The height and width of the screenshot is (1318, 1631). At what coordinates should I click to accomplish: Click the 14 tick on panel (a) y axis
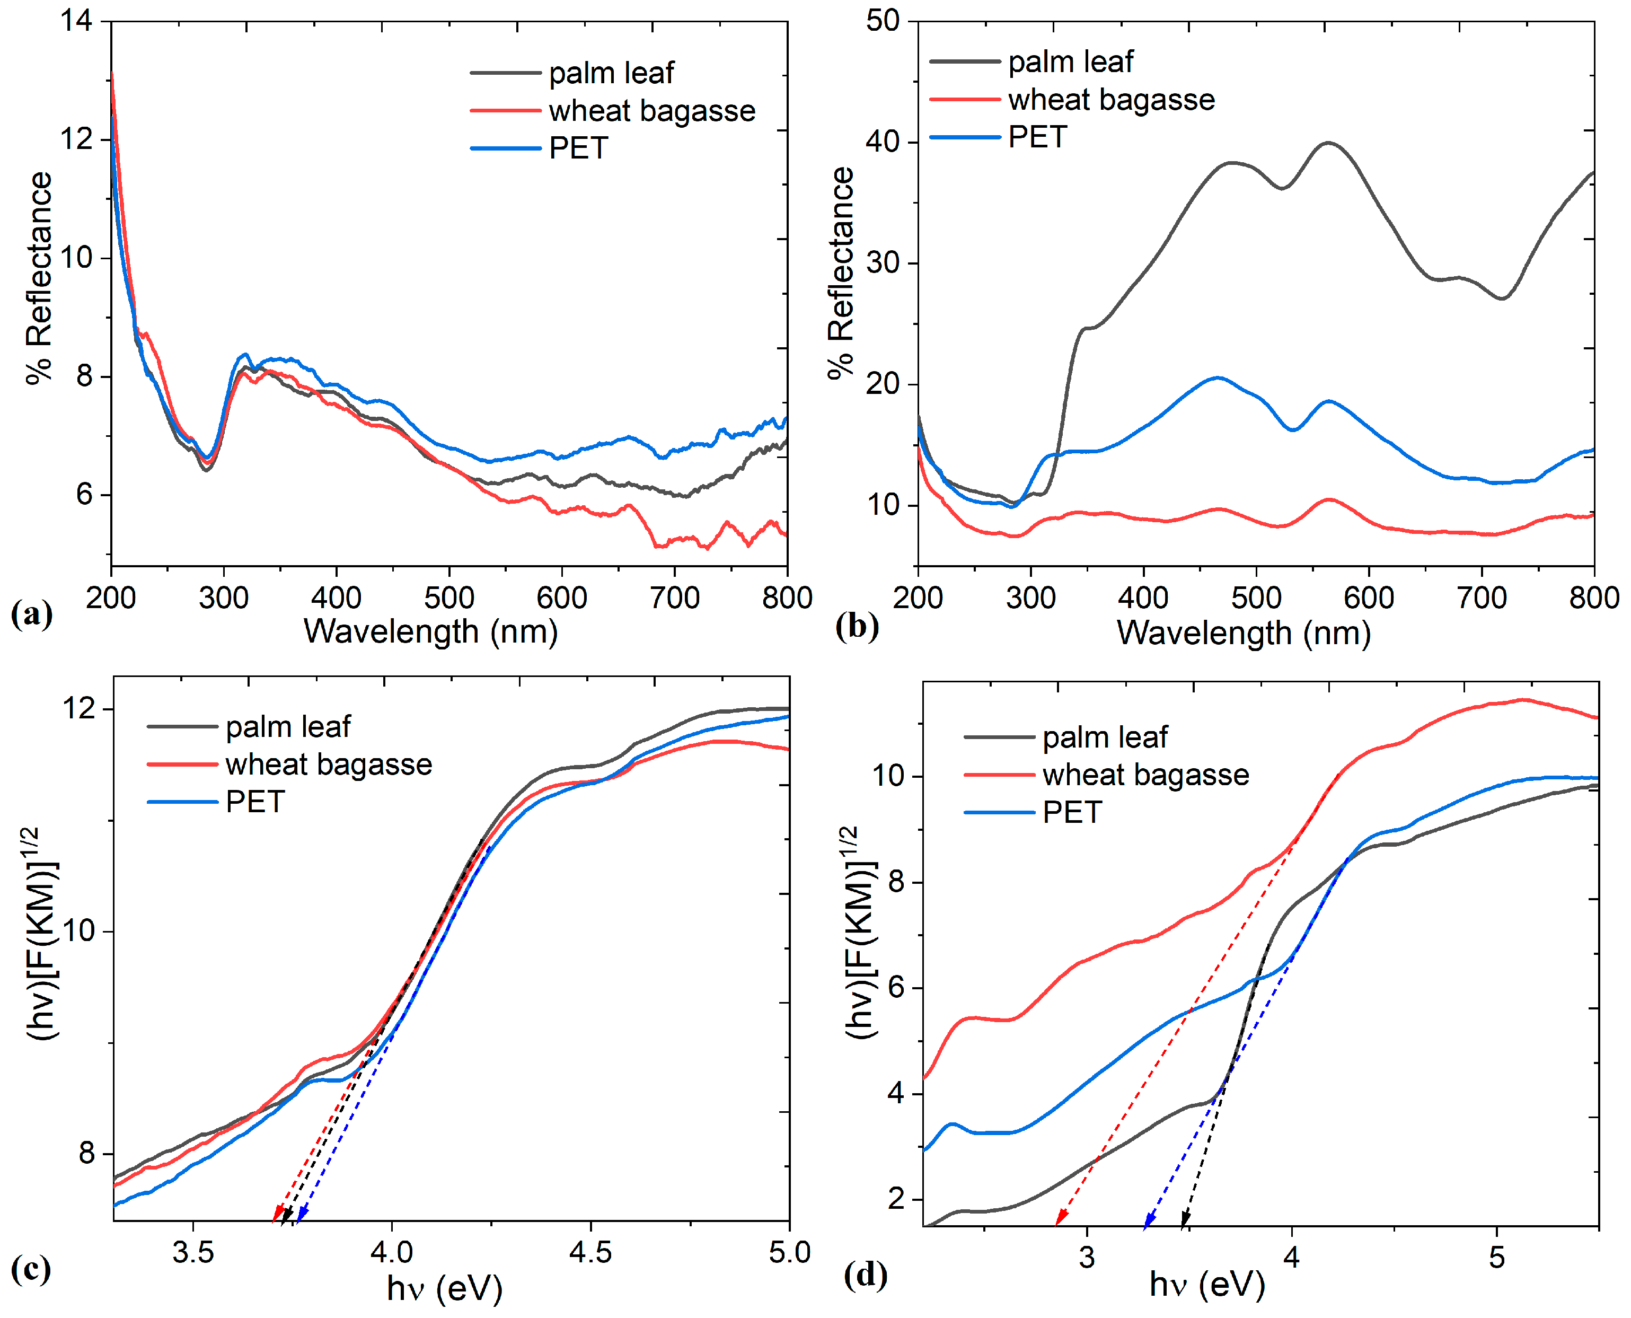[77, 21]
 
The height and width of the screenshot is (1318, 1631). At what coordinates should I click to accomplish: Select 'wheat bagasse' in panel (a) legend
[652, 111]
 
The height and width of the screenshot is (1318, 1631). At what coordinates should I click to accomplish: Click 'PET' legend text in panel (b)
[1037, 137]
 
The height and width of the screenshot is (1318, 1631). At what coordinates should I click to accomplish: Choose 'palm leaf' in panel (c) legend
[288, 726]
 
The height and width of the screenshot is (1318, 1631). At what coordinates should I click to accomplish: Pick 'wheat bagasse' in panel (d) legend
[1145, 775]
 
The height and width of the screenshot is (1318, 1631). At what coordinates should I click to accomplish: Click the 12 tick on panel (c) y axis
[79, 708]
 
